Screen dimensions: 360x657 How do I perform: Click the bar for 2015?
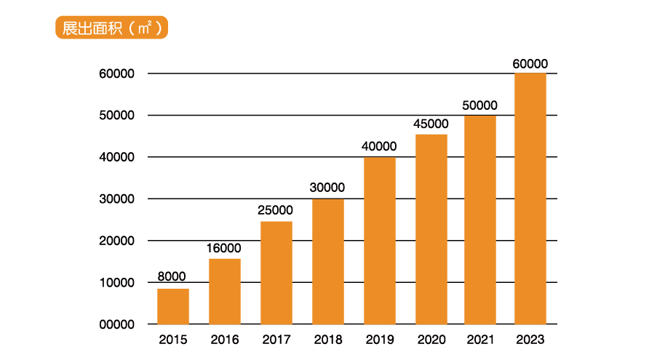173,306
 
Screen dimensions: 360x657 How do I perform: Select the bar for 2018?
328,261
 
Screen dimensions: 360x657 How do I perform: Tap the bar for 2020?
431,229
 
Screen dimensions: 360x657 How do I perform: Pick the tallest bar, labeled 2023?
530,199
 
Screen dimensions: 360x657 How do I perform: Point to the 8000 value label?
172,276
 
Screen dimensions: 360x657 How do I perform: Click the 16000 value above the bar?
224,248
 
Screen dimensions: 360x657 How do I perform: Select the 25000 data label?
275,210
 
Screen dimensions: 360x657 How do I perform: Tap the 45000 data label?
431,124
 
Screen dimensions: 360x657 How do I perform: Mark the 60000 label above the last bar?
530,64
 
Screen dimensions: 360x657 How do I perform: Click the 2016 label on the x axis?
225,340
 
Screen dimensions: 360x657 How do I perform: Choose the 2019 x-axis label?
380,340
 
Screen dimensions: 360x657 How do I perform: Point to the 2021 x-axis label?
479,340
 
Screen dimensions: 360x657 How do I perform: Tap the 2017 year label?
276,340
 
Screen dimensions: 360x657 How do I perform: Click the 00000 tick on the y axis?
117,324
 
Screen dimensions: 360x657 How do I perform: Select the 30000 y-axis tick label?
117,199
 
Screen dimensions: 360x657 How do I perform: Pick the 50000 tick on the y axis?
117,116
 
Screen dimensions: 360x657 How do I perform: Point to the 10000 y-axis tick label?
117,283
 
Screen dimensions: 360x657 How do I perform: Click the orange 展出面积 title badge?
111,28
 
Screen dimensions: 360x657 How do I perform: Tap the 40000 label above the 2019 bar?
379,146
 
